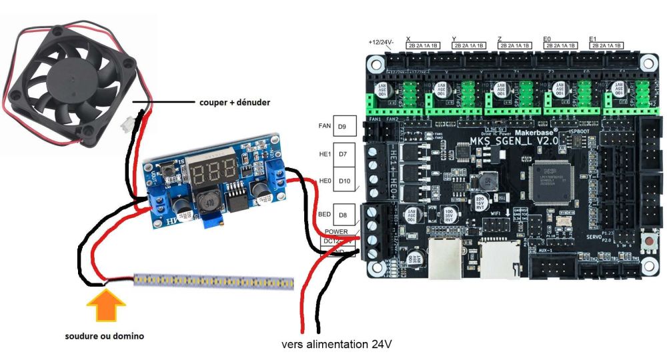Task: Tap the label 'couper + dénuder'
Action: (233, 103)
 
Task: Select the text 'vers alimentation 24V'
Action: (337, 345)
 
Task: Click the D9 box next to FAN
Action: (342, 126)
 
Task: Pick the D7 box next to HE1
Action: (342, 155)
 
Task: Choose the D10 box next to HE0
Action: (344, 181)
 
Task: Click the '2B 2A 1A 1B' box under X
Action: (423, 45)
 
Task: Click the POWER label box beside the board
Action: (337, 231)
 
